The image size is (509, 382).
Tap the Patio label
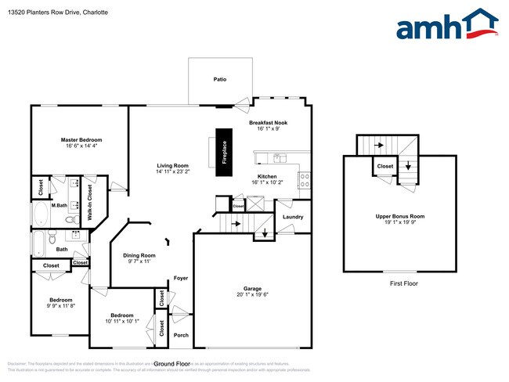[x=221, y=80]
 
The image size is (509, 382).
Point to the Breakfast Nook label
[x=269, y=123]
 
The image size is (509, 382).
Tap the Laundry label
[x=293, y=216]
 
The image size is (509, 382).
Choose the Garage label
[x=251, y=288]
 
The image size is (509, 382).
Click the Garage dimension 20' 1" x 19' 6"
[x=251, y=295]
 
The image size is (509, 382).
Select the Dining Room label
[x=139, y=255]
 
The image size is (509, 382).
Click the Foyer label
[x=181, y=277]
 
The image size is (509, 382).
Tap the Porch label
[x=181, y=335]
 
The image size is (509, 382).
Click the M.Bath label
[x=59, y=205]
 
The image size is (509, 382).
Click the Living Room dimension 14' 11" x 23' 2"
[x=172, y=171]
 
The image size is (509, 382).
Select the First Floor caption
[x=401, y=283]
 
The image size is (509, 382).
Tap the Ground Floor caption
[x=172, y=364]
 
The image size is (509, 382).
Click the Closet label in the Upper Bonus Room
[x=385, y=166]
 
